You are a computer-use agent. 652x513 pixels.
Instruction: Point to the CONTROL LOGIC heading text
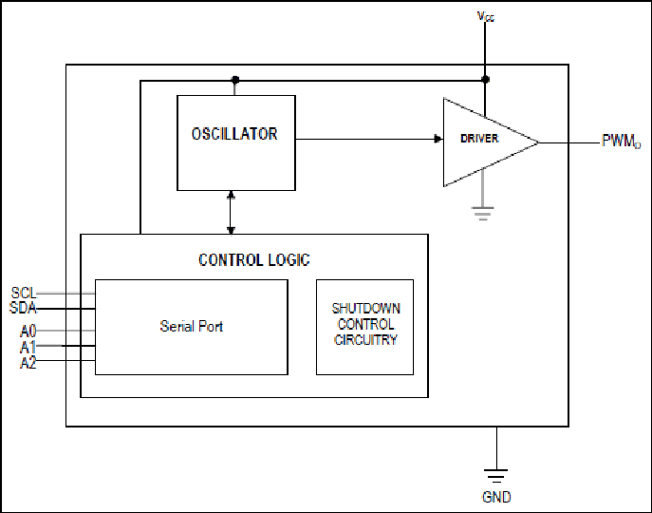(x=254, y=260)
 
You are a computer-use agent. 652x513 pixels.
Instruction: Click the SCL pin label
(x=24, y=293)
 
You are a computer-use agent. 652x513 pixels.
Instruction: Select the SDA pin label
(x=23, y=308)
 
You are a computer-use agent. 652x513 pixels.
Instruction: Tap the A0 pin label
(x=28, y=332)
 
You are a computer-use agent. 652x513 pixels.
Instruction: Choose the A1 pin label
(x=28, y=347)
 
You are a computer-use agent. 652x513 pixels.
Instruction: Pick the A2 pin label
(x=28, y=363)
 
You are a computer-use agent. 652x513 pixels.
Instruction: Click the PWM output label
(x=622, y=142)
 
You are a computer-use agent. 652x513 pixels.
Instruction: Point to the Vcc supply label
(x=486, y=17)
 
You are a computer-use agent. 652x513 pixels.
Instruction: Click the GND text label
(x=496, y=497)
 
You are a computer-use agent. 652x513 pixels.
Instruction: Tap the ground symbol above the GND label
(x=496, y=475)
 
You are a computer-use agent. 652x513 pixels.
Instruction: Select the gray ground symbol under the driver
(x=483, y=213)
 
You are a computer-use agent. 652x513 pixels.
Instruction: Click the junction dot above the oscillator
(x=235, y=80)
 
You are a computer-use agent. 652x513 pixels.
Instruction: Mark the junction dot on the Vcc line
(x=485, y=79)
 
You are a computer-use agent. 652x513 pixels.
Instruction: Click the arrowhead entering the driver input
(x=438, y=139)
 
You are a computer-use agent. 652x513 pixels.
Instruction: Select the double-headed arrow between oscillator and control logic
(x=232, y=213)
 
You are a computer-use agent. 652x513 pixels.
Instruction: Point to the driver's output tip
(x=538, y=142)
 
